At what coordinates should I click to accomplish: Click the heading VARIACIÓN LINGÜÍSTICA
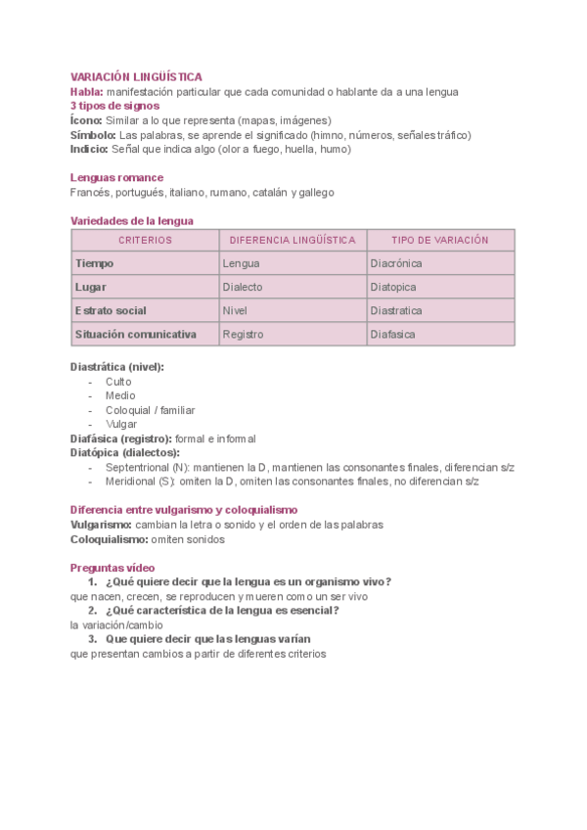(136, 76)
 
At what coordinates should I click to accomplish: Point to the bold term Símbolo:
(93, 135)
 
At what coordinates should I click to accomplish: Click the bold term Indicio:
(90, 150)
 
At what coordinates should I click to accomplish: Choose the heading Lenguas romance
(116, 178)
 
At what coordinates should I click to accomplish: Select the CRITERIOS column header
(145, 240)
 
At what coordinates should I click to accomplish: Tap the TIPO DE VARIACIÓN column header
(439, 240)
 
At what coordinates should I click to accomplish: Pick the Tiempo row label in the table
(95, 263)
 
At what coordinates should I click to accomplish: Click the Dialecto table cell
(243, 287)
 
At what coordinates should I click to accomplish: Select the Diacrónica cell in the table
(396, 263)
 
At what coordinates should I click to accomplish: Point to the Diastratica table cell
(396, 310)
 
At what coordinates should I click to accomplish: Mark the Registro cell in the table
(244, 334)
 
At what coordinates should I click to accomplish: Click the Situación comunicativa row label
(135, 334)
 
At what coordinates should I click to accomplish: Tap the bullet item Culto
(119, 382)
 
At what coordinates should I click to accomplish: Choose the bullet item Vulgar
(122, 425)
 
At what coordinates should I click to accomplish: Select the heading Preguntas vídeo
(113, 568)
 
